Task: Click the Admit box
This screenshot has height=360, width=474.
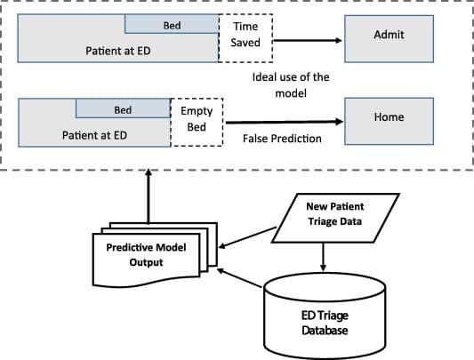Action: click(389, 36)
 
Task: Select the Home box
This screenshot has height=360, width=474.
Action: click(389, 119)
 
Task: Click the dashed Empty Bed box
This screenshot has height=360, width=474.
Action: click(197, 120)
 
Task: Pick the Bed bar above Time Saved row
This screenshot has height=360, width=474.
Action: click(172, 26)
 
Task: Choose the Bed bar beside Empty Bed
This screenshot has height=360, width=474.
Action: click(123, 109)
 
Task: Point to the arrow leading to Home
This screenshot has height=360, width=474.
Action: click(285, 122)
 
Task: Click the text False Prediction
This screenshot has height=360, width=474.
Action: click(282, 140)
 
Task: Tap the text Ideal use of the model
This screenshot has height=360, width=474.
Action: click(290, 84)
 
